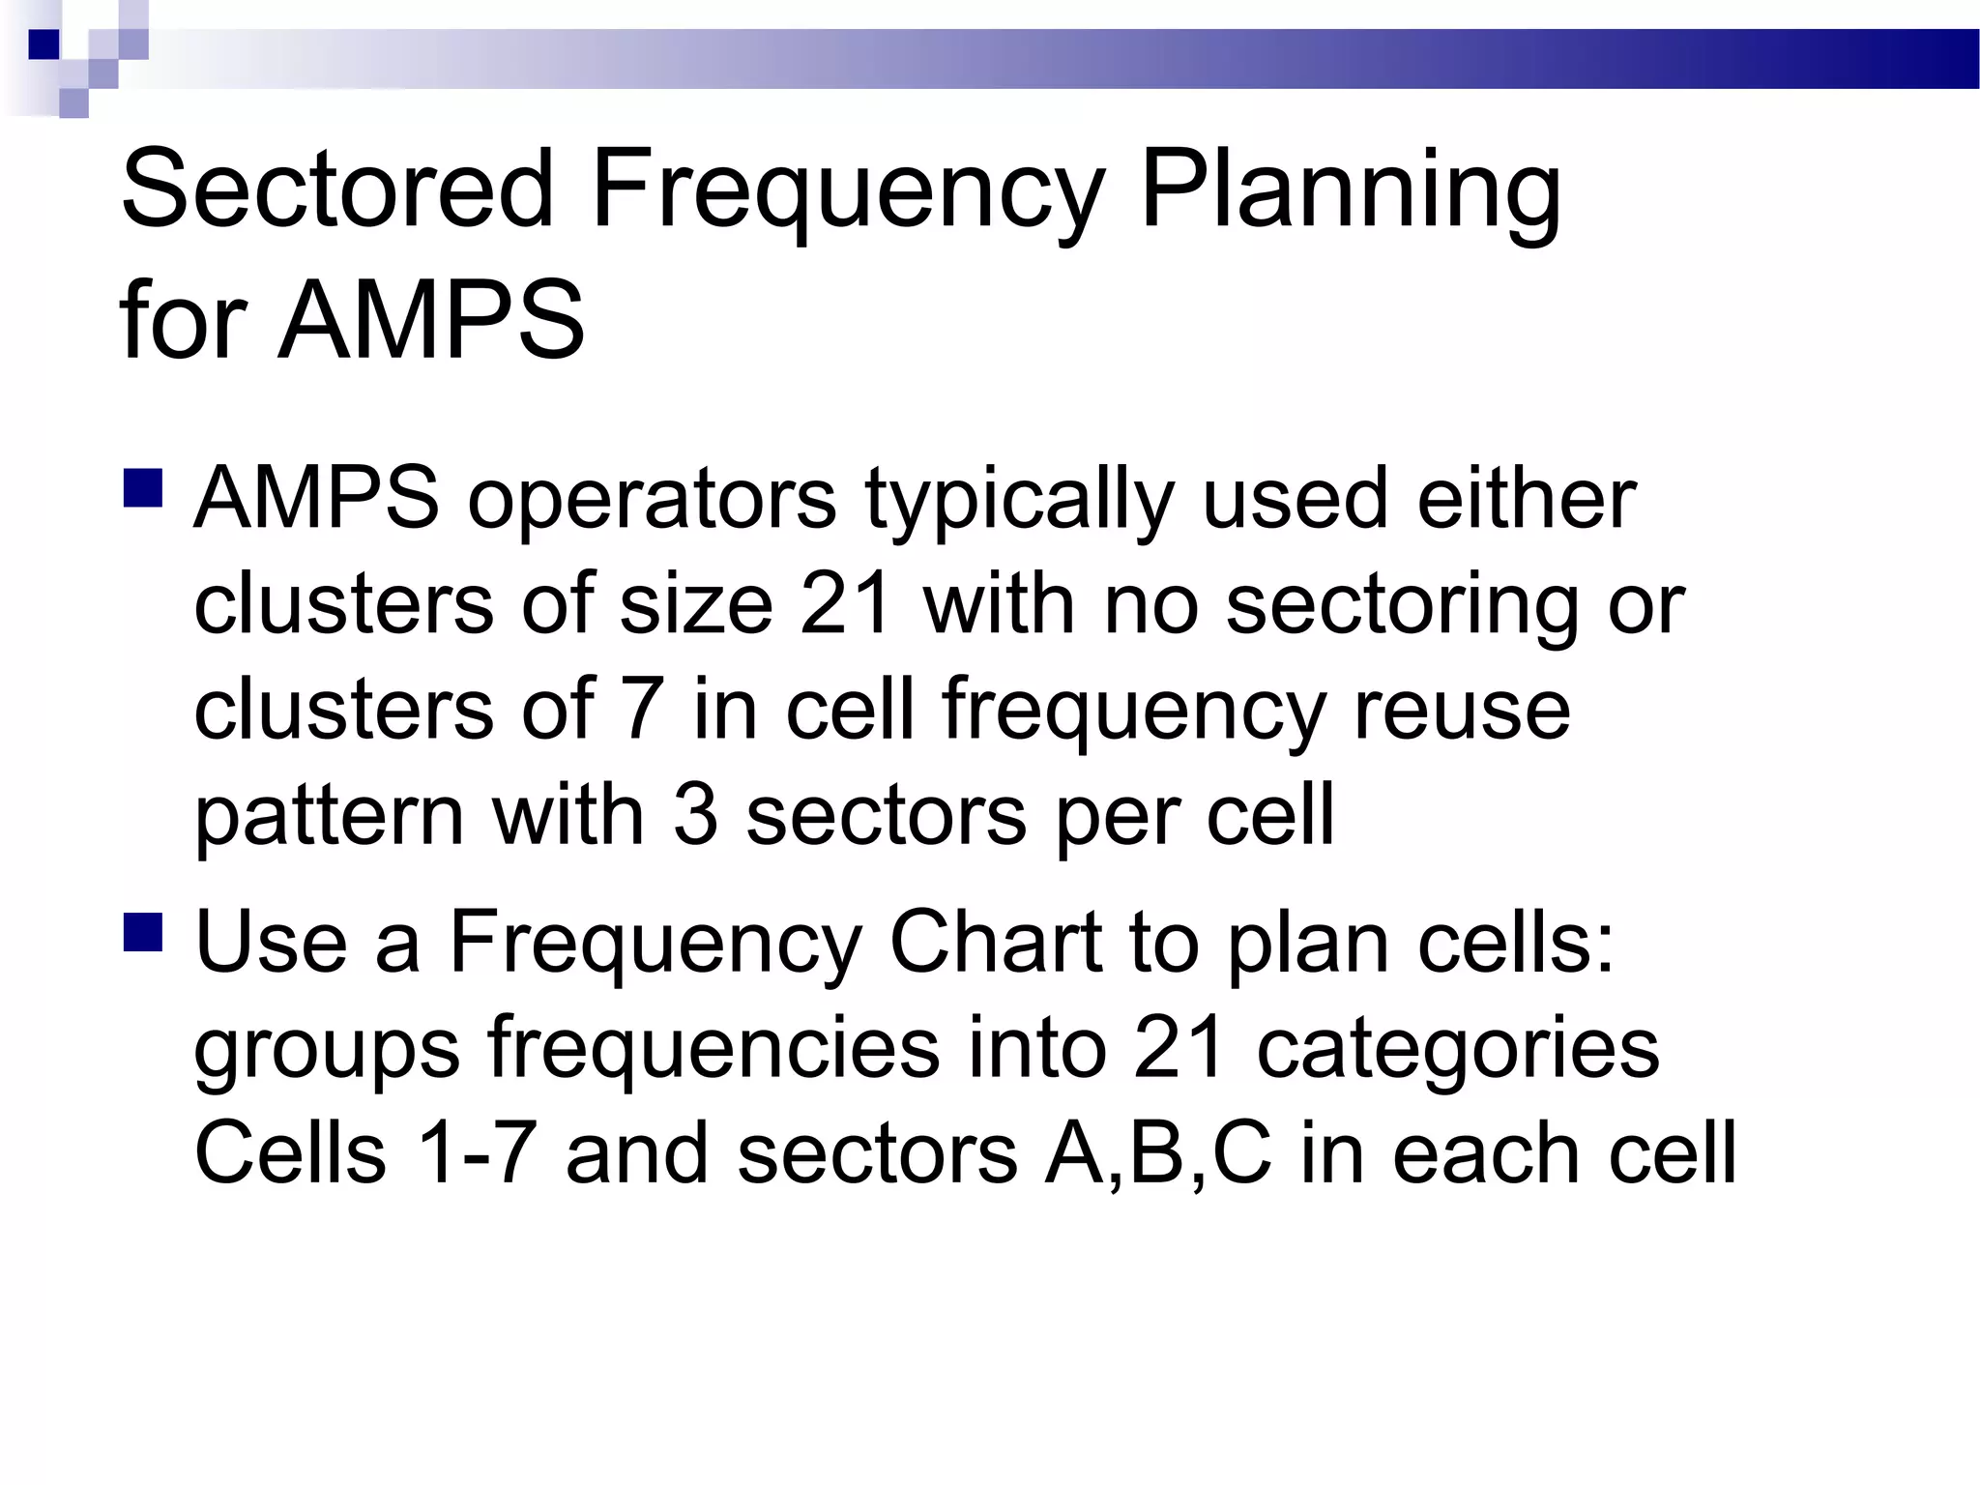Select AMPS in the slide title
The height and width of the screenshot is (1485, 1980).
tap(431, 321)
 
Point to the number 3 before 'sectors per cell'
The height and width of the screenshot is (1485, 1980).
tap(695, 815)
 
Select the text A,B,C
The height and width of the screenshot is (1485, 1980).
tap(1157, 1155)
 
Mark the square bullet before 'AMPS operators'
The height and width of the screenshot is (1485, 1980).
tap(143, 488)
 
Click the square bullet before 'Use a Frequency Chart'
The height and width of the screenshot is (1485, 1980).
tap(143, 932)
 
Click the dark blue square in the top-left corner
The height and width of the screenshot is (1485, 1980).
tap(44, 44)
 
